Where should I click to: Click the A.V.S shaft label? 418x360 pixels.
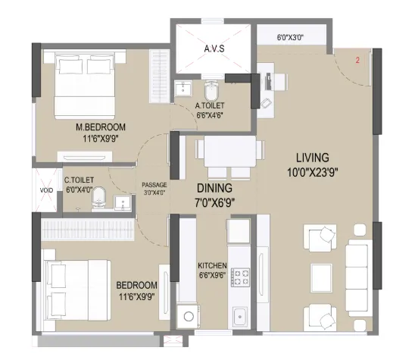(x=214, y=49)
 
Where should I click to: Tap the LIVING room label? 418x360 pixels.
(x=313, y=158)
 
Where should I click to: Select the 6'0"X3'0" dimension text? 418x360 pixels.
(x=290, y=37)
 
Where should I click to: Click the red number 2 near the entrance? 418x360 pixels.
(x=357, y=61)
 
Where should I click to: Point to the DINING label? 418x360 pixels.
(x=214, y=188)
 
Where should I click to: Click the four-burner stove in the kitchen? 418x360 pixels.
(x=240, y=277)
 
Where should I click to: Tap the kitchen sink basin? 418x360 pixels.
(x=240, y=317)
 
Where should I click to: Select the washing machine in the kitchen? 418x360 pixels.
(x=189, y=317)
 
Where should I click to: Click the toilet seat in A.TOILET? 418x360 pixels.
(x=212, y=91)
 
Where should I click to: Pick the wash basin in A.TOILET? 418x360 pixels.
(x=183, y=88)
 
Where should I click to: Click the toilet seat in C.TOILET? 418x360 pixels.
(x=99, y=198)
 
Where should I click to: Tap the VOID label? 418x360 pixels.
(x=46, y=190)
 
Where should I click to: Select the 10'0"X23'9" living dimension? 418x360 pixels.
(x=313, y=172)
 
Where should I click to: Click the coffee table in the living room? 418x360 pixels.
(x=322, y=277)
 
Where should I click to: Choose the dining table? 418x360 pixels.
(x=230, y=151)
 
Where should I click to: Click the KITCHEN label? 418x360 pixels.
(x=212, y=265)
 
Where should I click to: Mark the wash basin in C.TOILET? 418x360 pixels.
(x=123, y=202)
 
